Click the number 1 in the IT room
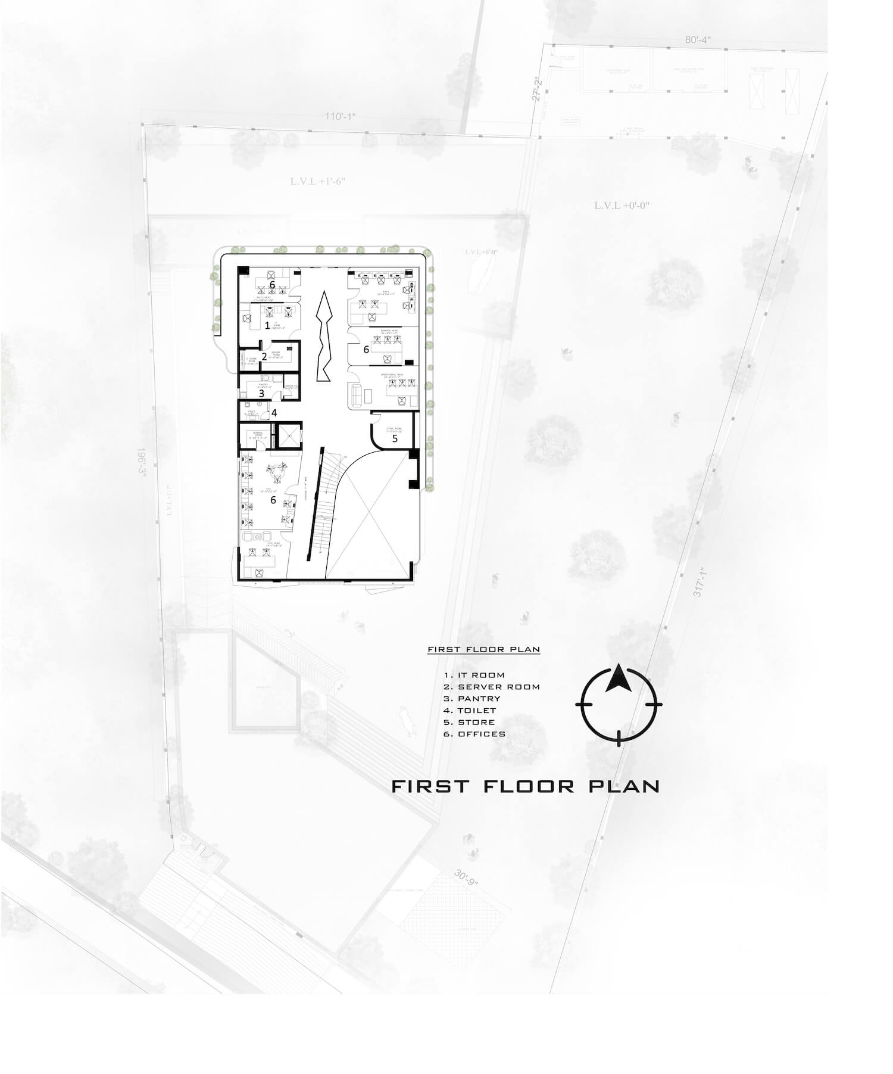[267, 325]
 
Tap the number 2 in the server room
[264, 357]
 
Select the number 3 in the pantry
[261, 393]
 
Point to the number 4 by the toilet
[274, 412]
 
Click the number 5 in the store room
[395, 438]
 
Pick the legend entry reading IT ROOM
[474, 675]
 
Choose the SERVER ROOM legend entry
[492, 687]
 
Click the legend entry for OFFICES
[474, 734]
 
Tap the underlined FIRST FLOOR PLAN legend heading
[483, 649]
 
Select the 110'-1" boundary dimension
[340, 116]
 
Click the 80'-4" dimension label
[697, 40]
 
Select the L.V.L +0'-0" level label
[622, 206]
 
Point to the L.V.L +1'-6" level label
[318, 181]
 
